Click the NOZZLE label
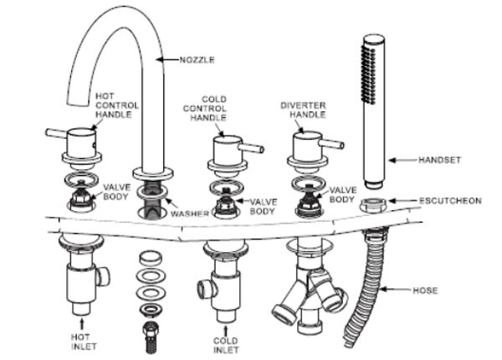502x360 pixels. (x=197, y=60)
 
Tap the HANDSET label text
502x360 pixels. (x=439, y=160)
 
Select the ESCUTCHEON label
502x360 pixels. (x=450, y=201)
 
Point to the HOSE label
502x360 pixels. (x=425, y=291)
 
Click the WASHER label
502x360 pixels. (x=190, y=213)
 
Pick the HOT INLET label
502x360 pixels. (x=84, y=342)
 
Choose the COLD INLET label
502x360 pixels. (x=226, y=345)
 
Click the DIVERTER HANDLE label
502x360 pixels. (x=303, y=110)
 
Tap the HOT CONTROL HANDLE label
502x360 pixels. (x=117, y=105)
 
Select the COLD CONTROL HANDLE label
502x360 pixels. (x=205, y=108)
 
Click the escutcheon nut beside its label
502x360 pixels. (x=374, y=204)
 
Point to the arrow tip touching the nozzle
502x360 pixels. (x=157, y=59)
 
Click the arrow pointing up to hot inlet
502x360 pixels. (x=82, y=323)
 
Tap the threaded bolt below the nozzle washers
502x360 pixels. (x=151, y=338)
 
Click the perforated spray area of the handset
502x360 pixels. (x=368, y=75)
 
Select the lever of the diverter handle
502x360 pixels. (x=333, y=144)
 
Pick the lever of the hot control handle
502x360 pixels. (x=56, y=134)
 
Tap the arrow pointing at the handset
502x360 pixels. (x=403, y=160)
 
